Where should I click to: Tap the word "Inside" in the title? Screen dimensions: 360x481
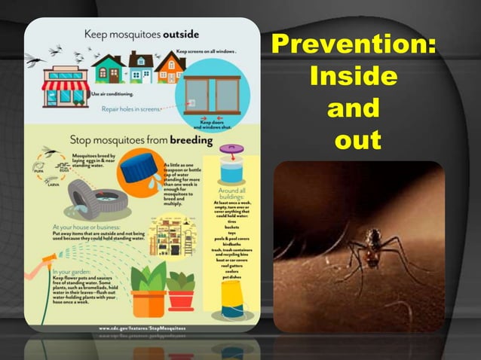point(353,76)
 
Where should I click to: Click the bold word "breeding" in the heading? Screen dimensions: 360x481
point(191,139)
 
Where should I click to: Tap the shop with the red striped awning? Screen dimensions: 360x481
point(66,85)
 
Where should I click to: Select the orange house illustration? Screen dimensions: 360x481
point(169,69)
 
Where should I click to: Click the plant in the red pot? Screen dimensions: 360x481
point(181,290)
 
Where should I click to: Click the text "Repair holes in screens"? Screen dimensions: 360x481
point(132,108)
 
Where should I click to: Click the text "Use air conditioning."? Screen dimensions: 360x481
point(113,94)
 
